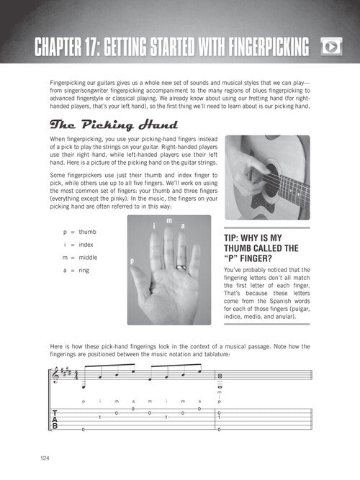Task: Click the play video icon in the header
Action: pyautogui.click(x=331, y=47)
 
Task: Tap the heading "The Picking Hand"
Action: pyautogui.click(x=114, y=124)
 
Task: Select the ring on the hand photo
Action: pyautogui.click(x=181, y=267)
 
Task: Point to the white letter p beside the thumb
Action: pyautogui.click(x=132, y=261)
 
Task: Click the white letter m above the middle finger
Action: pyautogui.click(x=169, y=220)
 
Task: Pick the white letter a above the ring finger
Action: pyautogui.click(x=183, y=226)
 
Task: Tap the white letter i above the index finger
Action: pyautogui.click(x=154, y=226)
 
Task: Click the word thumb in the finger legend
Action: pyautogui.click(x=87, y=232)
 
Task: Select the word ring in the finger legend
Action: pyautogui.click(x=84, y=271)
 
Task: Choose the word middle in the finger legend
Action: pyautogui.click(x=88, y=258)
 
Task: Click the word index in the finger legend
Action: pyautogui.click(x=86, y=245)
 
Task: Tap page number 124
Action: pyautogui.click(x=45, y=458)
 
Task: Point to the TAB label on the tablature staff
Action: pyautogui.click(x=55, y=420)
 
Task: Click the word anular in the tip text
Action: pyautogui.click(x=286, y=317)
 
